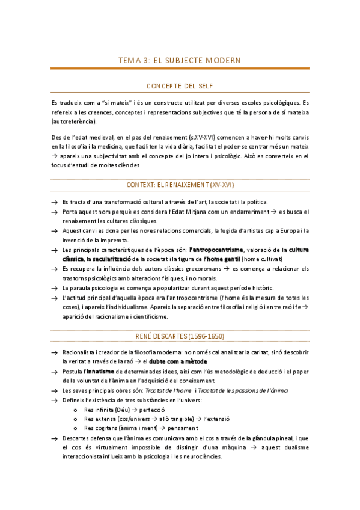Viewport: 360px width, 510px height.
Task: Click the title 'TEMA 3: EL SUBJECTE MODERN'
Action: tap(180, 61)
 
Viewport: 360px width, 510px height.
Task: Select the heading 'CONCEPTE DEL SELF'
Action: tap(180, 87)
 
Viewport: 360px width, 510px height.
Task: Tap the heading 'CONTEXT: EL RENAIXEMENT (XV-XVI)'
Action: tap(180, 185)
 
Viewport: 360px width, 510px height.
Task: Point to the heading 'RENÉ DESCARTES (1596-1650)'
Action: tap(180, 336)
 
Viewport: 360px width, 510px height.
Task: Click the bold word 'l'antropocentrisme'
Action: tap(216, 250)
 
